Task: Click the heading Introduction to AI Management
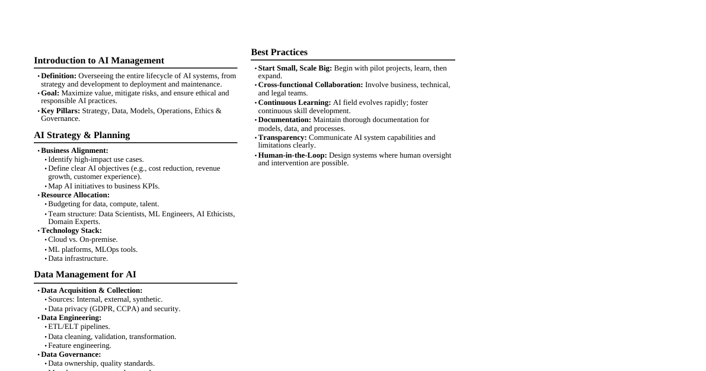(99, 60)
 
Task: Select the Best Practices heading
(279, 52)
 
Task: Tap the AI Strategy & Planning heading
(82, 135)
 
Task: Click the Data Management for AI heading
(85, 274)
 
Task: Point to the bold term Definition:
(59, 76)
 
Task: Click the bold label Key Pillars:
(60, 111)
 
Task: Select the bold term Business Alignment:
(75, 151)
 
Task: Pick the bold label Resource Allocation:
(75, 195)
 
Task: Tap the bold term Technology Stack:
(71, 231)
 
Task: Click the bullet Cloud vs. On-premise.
(83, 239)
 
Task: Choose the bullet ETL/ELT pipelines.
(79, 327)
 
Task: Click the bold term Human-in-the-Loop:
(292, 155)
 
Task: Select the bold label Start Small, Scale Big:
(295, 68)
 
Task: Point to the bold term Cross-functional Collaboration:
(311, 85)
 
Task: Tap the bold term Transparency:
(282, 137)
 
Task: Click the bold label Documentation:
(285, 120)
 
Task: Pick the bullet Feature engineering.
(79, 346)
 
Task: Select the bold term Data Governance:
(71, 354)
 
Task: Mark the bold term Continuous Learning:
(295, 103)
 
